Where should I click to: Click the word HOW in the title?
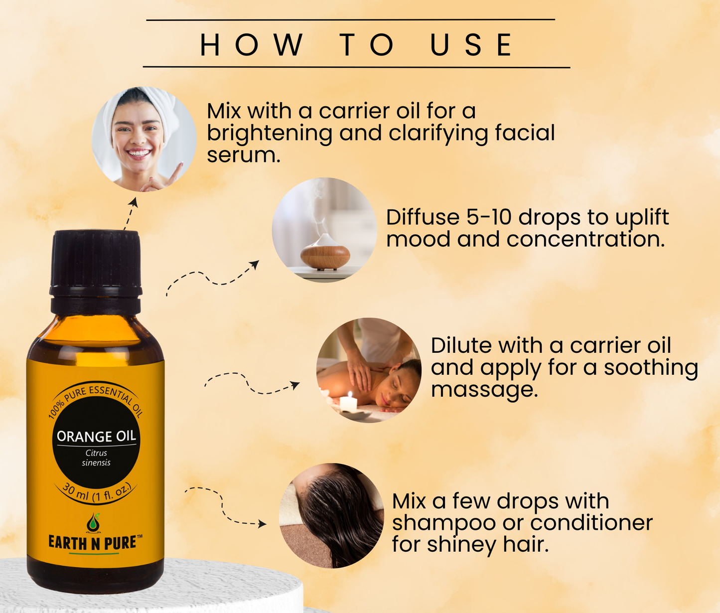tap(252, 45)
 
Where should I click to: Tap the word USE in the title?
tap(471, 45)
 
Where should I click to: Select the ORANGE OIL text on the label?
tap(96, 437)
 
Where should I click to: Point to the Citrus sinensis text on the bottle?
tap(96, 458)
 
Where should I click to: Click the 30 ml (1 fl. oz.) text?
tap(96, 493)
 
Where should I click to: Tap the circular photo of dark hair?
tap(331, 516)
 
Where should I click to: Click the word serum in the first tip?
tap(243, 155)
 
